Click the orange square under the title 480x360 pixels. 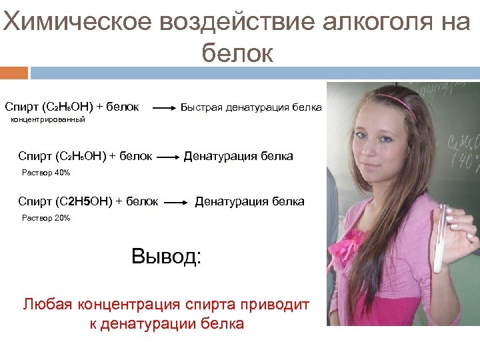[14, 72]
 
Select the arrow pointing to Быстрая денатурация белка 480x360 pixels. [165, 107]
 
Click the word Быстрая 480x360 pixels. [202, 107]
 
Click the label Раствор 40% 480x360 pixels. [46, 173]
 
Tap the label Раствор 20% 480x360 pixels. [46, 218]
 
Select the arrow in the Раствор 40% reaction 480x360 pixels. [167, 158]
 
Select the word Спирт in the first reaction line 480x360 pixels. [21, 107]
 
